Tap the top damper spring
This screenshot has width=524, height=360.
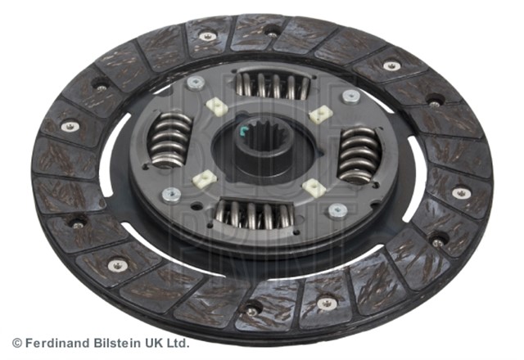click(273, 86)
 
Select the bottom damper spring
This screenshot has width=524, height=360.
click(255, 214)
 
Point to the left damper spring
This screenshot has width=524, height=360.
click(169, 140)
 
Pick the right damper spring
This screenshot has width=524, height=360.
click(359, 155)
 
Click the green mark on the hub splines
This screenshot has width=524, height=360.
click(242, 131)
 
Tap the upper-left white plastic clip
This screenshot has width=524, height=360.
click(216, 106)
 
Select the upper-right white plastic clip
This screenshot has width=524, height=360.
click(319, 114)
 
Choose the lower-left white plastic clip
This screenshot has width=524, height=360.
click(205, 179)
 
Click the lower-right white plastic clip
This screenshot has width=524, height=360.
click(314, 187)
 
